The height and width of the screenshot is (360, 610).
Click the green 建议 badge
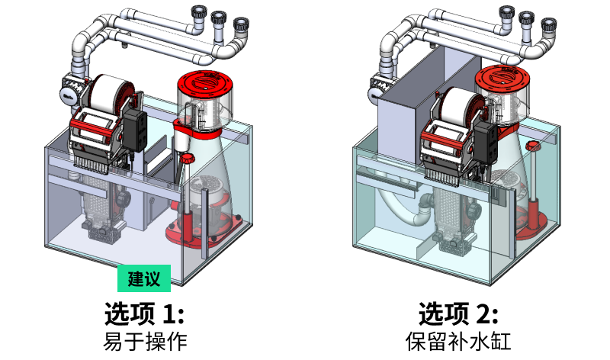pyautogui.click(x=143, y=279)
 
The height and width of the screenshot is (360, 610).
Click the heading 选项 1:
pyautogui.click(x=144, y=313)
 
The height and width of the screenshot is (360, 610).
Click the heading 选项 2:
pyautogui.click(x=458, y=313)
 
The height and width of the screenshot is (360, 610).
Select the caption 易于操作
pyautogui.click(x=144, y=340)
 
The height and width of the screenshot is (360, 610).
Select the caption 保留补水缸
pyautogui.click(x=458, y=340)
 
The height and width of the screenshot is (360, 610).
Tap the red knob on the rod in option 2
pyautogui.click(x=532, y=146)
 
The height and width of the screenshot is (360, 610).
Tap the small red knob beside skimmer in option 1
pyautogui.click(x=185, y=158)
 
